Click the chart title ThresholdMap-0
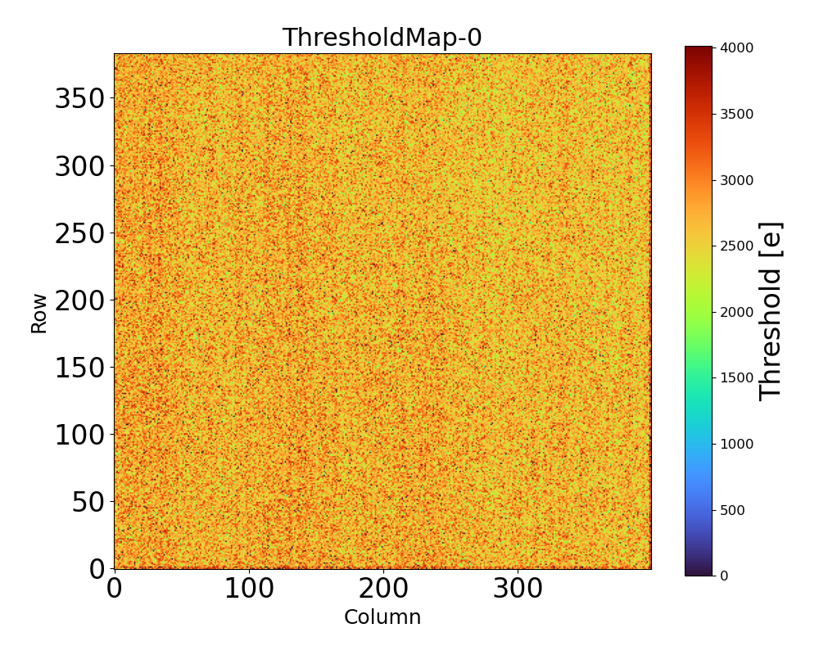click(382, 38)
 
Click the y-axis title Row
click(39, 312)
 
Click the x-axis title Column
click(382, 617)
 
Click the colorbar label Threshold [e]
click(771, 311)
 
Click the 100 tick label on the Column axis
click(249, 588)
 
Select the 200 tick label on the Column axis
click(383, 588)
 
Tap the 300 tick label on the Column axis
click(518, 588)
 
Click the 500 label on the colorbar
click(732, 510)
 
